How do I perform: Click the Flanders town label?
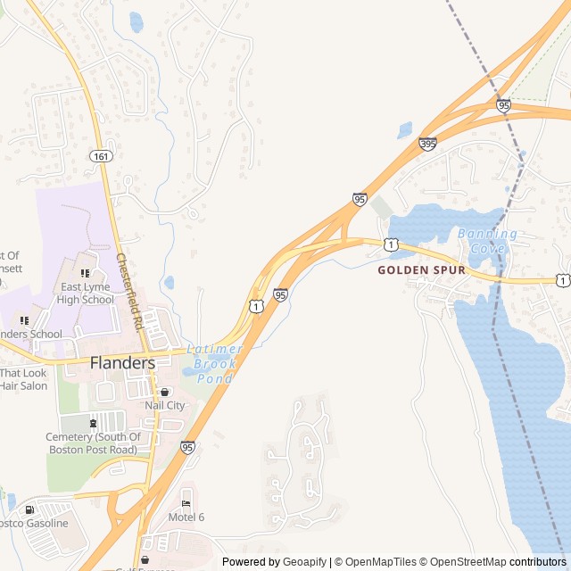(122, 363)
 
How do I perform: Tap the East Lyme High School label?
(87, 294)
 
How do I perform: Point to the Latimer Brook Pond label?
(212, 364)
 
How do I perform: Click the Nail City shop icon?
(164, 392)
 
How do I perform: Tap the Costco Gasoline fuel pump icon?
(31, 509)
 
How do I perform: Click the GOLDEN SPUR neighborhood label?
(421, 269)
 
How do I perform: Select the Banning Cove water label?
(487, 241)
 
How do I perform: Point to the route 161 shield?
(100, 156)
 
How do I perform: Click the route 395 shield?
(428, 143)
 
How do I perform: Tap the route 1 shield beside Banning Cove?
(391, 244)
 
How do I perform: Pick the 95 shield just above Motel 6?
(187, 447)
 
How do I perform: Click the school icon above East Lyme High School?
(85, 273)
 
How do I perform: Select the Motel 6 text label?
(186, 517)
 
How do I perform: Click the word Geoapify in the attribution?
(304, 562)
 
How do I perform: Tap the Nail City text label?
(165, 405)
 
